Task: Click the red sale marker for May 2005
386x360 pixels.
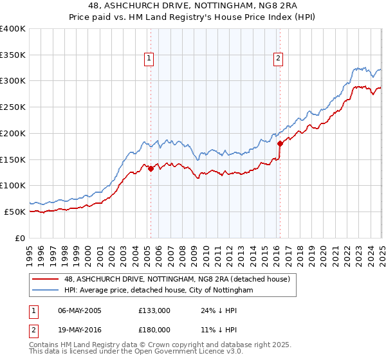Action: [x=151, y=169]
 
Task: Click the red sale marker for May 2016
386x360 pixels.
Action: [x=280, y=144]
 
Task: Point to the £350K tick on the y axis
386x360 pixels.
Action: [x=13, y=55]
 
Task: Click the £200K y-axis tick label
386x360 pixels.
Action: [x=13, y=133]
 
